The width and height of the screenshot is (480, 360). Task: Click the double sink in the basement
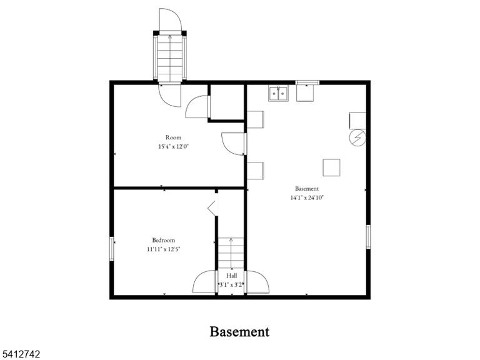point(278,93)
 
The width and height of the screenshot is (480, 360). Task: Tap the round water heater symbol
point(357,137)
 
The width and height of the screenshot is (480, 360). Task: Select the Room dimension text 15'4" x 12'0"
point(173,147)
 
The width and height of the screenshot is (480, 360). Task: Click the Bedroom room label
point(164,240)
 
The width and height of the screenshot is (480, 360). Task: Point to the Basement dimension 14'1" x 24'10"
point(307,197)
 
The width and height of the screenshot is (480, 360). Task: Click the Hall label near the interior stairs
point(231,276)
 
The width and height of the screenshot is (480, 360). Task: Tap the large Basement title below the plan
point(240,331)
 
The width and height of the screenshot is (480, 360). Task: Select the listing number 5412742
point(20,354)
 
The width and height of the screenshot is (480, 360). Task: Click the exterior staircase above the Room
point(169,58)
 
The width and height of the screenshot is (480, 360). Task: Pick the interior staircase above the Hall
point(231,254)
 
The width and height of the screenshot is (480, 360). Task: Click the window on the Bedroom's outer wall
point(112,249)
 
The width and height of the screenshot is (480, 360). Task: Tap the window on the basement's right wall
point(368,237)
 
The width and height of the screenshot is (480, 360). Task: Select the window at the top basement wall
point(307,82)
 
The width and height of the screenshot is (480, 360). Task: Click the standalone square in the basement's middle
point(331,167)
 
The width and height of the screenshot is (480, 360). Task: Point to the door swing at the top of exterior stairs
point(170,20)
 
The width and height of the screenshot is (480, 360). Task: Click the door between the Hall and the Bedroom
point(204,282)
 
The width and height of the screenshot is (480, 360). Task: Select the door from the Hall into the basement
point(257,282)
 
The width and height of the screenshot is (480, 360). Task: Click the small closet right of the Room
point(227,102)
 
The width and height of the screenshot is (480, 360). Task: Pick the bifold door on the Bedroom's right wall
point(212,208)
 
